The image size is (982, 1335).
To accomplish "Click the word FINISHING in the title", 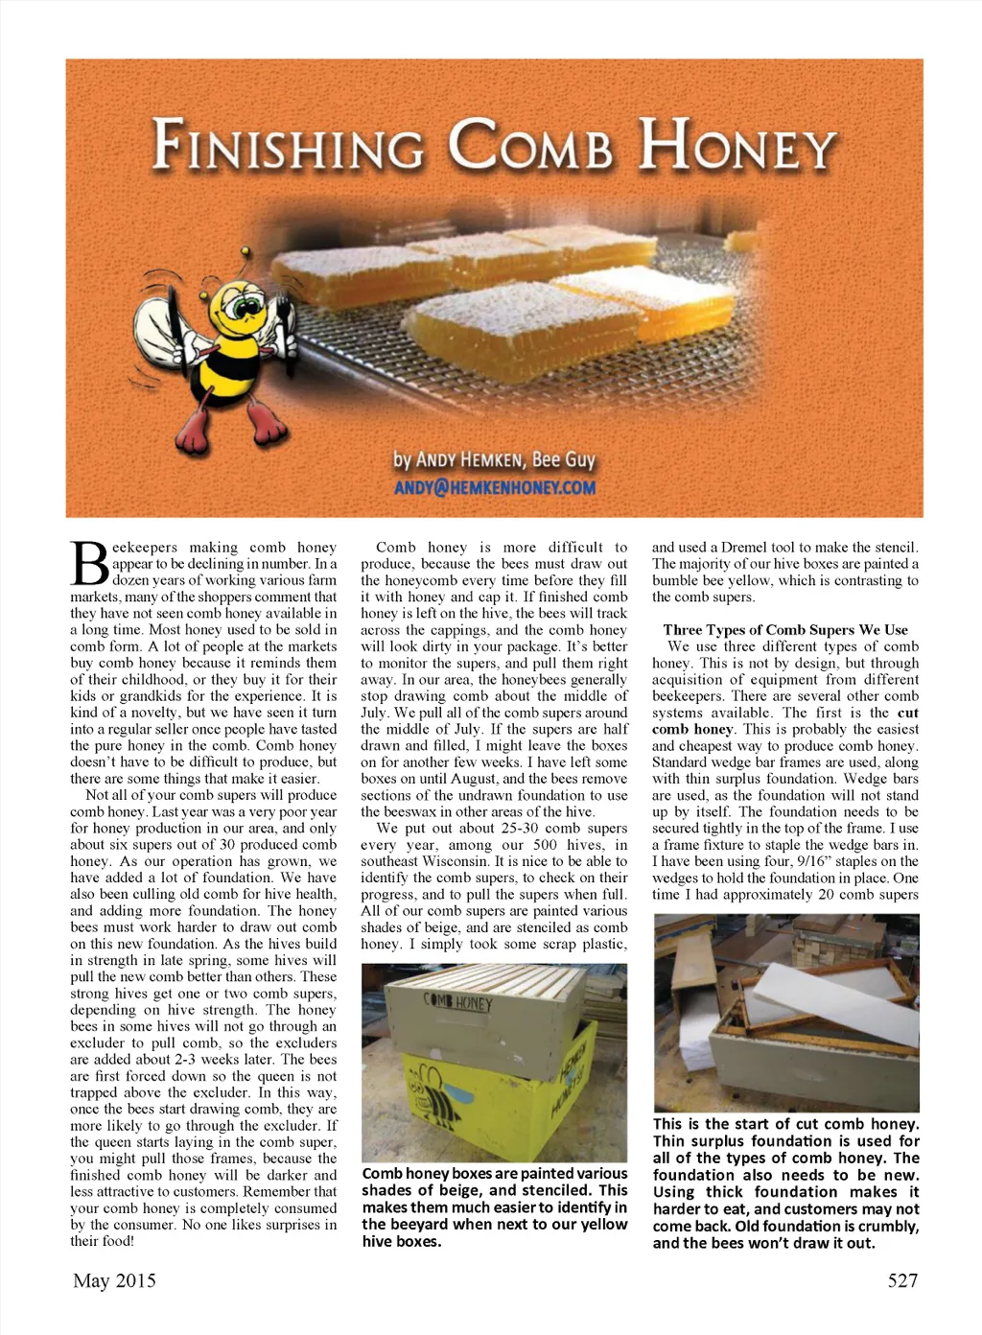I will tap(288, 149).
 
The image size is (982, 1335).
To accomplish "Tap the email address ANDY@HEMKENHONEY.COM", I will tap(495, 487).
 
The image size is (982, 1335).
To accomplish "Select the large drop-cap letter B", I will tap(89, 566).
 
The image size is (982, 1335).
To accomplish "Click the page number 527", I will tap(901, 1280).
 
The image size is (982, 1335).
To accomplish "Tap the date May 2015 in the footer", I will tap(114, 1280).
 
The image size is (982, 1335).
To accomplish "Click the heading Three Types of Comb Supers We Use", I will tap(785, 630).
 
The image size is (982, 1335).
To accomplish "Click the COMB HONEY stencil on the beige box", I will tap(457, 1004).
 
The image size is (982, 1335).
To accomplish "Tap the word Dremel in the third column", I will tap(744, 548).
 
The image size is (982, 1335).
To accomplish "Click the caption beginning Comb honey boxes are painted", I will tap(495, 1206).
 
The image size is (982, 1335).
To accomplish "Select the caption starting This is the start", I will tap(785, 1183).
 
